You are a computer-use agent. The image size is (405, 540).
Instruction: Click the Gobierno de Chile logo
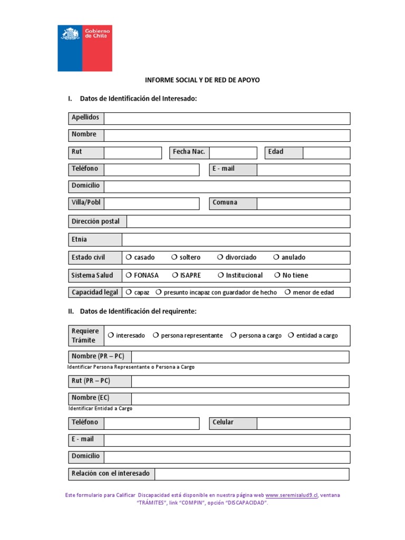84,48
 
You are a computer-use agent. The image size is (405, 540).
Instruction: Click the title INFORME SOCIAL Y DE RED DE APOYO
202,80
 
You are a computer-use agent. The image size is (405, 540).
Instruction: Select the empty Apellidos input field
227,118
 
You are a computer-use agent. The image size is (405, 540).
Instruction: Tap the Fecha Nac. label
189,152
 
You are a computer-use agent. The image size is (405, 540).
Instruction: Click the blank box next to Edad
326,152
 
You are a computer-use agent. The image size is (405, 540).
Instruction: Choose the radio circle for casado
128,257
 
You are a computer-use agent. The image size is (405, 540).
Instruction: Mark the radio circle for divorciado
220,257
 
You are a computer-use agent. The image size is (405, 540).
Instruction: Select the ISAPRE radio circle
175,275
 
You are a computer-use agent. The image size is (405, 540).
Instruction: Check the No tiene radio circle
277,275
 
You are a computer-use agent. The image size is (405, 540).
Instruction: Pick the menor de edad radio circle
287,292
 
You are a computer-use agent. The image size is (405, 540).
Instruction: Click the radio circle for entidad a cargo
291,335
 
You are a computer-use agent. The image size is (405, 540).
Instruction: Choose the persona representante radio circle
156,335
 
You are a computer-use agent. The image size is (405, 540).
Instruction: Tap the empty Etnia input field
236,240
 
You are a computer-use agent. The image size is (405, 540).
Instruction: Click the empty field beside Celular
303,423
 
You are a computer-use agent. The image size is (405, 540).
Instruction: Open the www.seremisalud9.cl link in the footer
292,496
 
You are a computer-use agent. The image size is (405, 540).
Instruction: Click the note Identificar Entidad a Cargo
100,409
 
